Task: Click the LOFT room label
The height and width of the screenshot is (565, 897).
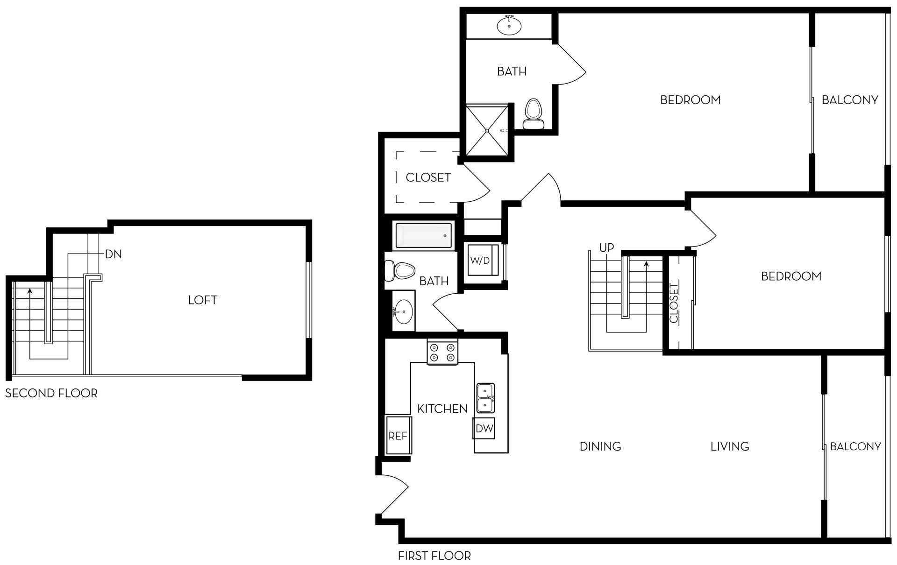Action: [x=202, y=300]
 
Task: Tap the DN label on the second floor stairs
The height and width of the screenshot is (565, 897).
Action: [x=113, y=254]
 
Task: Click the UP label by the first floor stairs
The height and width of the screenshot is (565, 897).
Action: [x=606, y=247]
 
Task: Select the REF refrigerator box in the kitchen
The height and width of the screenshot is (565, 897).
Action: [x=398, y=435]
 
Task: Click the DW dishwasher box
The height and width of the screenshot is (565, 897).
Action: [x=484, y=428]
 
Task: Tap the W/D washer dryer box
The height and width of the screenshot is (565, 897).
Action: [x=480, y=260]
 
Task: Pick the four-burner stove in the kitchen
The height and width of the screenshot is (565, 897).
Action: [x=442, y=352]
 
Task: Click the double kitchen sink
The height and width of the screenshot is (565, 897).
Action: [x=485, y=398]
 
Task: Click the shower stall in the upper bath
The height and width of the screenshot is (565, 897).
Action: [x=487, y=130]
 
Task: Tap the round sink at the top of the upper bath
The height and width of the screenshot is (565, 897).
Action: [x=509, y=26]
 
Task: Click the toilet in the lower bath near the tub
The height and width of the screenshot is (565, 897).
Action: [x=400, y=270]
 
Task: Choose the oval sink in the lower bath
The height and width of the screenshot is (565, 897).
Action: [x=402, y=311]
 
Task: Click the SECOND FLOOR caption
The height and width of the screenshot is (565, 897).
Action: [x=51, y=393]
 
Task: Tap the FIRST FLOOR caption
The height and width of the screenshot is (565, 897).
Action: [x=434, y=556]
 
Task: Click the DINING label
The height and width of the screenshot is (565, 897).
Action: [x=600, y=446]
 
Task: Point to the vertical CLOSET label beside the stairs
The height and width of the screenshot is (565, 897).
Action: [x=673, y=303]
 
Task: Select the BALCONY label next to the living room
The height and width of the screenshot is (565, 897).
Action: [x=855, y=446]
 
